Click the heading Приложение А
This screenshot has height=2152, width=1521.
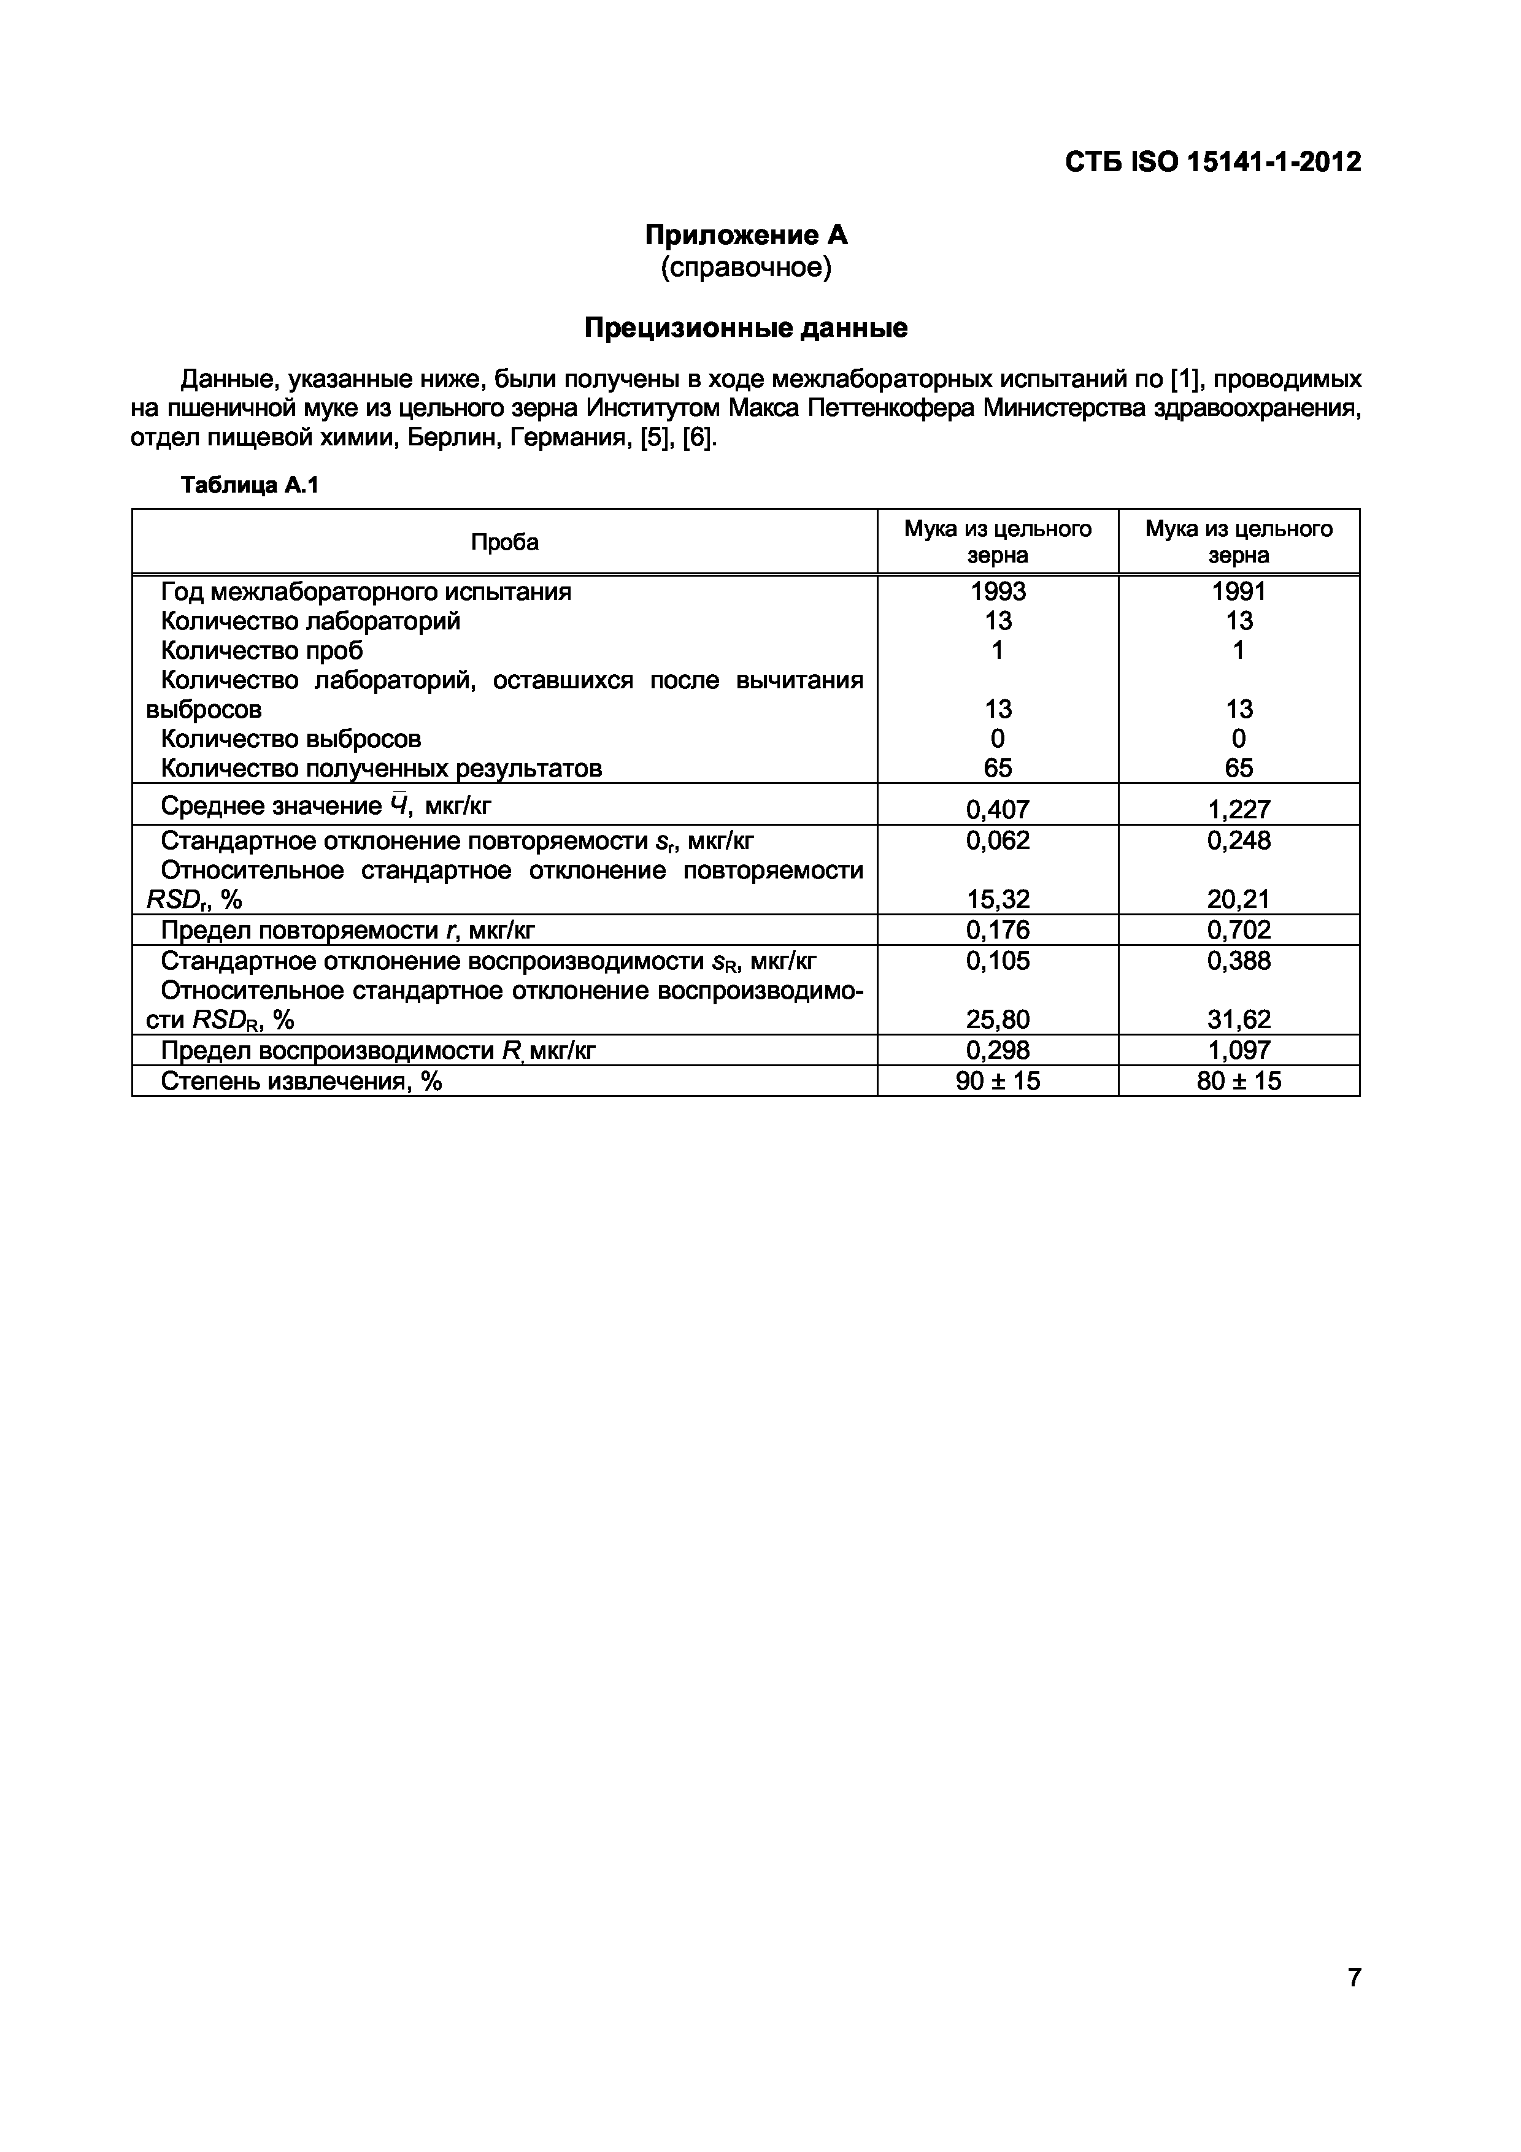[x=746, y=234]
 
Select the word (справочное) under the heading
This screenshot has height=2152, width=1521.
[x=746, y=268]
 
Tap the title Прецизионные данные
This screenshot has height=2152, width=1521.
[x=746, y=328]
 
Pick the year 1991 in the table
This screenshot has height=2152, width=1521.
[x=1238, y=591]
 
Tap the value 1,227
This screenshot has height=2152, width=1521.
[x=1238, y=809]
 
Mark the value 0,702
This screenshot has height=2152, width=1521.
[x=1238, y=930]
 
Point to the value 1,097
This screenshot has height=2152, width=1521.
[x=1238, y=1050]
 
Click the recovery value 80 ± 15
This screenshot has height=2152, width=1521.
[x=1238, y=1081]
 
